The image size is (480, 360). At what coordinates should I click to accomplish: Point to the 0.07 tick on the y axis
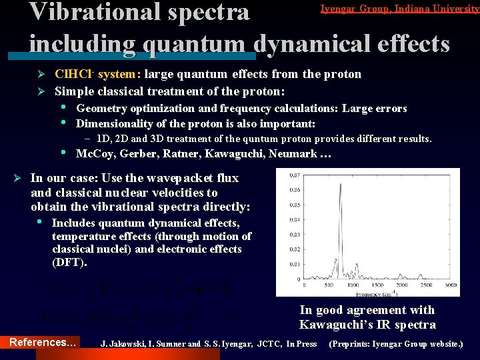(295, 176)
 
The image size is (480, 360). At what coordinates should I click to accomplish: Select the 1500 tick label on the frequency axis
(377, 284)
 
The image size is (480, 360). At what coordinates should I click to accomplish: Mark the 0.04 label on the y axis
(295, 219)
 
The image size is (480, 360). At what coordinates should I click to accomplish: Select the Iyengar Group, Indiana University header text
(399, 9)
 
